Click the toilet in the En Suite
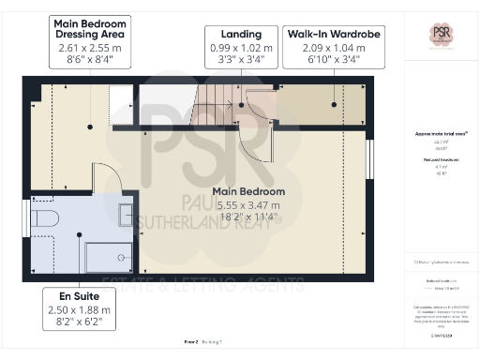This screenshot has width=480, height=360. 45,218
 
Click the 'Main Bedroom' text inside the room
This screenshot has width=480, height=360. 250,191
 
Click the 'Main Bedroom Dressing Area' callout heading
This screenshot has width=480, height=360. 92,30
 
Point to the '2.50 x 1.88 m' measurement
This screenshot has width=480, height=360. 80,309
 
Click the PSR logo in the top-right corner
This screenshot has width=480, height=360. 440,35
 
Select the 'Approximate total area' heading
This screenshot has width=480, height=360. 440,133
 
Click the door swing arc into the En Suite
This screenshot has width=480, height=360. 106,175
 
